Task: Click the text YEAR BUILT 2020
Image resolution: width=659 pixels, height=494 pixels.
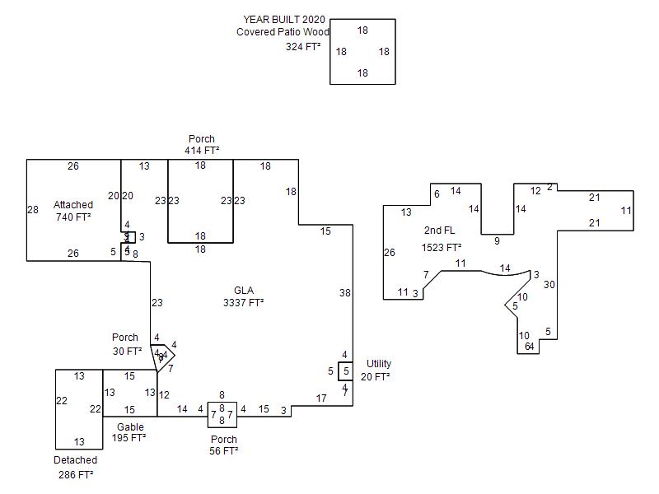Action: click(x=283, y=19)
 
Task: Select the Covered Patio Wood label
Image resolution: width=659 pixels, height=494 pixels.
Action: click(x=283, y=32)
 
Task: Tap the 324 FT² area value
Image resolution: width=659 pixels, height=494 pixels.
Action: click(x=303, y=47)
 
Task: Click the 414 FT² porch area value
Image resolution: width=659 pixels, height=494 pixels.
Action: click(x=202, y=151)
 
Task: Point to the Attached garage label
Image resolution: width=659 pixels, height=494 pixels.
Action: click(x=73, y=204)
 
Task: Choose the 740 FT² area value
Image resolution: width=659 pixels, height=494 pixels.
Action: click(x=73, y=217)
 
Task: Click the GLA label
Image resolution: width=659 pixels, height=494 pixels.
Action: click(x=244, y=290)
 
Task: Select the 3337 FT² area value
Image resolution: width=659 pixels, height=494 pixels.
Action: click(x=244, y=303)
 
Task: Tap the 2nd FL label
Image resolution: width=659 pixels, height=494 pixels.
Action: click(x=439, y=230)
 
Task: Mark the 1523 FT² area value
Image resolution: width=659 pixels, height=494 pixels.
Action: click(x=442, y=247)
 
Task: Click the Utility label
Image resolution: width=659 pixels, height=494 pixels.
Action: click(x=379, y=363)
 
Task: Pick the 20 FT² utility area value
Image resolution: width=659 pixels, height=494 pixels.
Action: click(x=375, y=376)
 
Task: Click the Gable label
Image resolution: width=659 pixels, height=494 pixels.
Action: click(x=130, y=426)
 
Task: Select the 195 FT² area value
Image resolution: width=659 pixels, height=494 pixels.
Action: click(x=129, y=438)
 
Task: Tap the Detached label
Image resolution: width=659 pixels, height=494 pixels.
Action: click(x=76, y=460)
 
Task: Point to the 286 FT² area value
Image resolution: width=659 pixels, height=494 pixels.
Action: click(x=76, y=475)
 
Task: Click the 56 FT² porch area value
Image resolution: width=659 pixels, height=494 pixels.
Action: click(x=223, y=451)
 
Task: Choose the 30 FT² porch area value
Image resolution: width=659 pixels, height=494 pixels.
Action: click(x=127, y=352)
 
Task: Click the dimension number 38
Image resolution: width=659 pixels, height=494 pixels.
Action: click(x=344, y=292)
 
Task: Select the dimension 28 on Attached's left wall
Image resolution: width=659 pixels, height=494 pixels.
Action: click(x=33, y=210)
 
